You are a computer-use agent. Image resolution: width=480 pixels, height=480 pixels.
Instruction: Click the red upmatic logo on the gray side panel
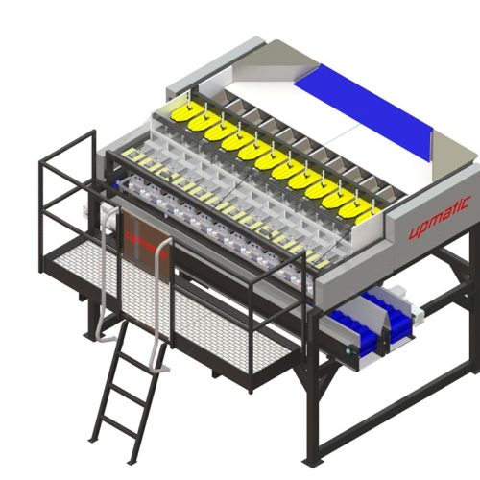[x=440, y=217]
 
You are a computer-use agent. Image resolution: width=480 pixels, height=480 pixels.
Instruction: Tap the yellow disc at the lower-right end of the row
[x=368, y=216]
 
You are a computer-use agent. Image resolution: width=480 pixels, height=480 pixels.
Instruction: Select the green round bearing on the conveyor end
[x=348, y=351]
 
